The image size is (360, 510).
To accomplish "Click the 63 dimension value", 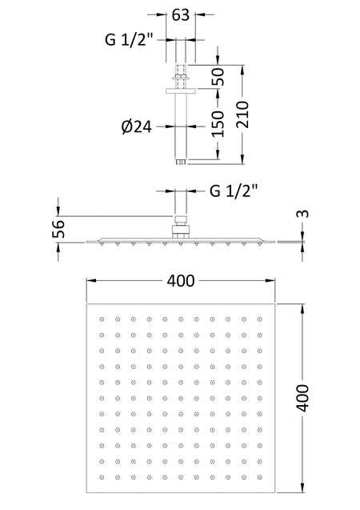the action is pos(181,14).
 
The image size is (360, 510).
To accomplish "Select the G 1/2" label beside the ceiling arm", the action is pos(129,40).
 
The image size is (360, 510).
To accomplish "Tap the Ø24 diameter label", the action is pos(137,126).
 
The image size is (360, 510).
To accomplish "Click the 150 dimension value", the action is pos(218,123).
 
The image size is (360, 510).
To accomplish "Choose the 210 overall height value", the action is pos(242,114).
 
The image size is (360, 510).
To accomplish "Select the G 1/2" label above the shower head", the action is pos(234,191).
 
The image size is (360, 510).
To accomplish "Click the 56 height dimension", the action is pos(58,229).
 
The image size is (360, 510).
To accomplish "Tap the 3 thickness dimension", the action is pos(302,214).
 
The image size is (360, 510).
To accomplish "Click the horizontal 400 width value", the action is pos(181,281).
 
